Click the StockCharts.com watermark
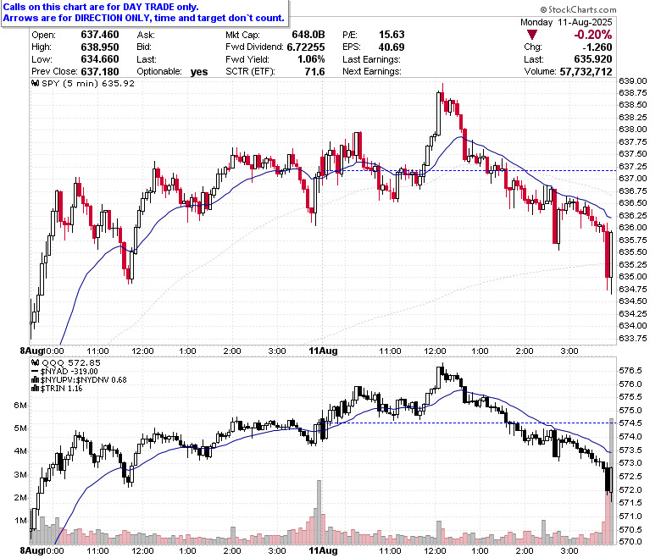(578, 9)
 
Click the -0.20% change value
(593, 35)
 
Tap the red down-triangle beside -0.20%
(532, 35)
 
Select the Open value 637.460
(100, 35)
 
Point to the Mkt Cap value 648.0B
(308, 35)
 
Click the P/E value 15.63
(392, 35)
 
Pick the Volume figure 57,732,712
(586, 72)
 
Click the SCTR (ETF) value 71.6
(314, 72)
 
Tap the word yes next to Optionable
(199, 72)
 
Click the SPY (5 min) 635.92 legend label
(83, 83)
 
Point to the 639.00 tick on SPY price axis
(633, 80)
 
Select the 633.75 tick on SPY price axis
(633, 338)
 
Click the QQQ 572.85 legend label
(66, 363)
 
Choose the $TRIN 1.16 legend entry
(58, 389)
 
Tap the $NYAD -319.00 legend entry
(65, 372)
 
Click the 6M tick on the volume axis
(20, 405)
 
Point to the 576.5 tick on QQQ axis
(630, 371)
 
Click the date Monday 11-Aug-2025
(566, 22)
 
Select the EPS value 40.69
(392, 47)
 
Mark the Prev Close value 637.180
(100, 72)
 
